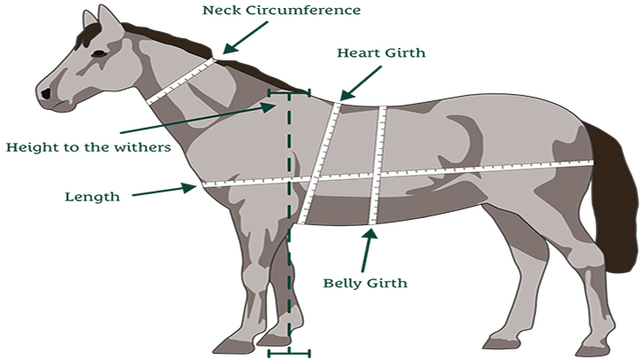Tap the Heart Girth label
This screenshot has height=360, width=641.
tap(381, 53)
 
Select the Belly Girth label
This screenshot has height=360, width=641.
tap(364, 284)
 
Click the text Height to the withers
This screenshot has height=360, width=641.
tap(88, 147)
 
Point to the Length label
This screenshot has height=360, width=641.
tap(92, 196)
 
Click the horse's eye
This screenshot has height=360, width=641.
tap(99, 55)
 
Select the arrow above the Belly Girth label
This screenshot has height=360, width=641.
tap(366, 248)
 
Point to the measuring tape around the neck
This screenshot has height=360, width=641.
tap(182, 81)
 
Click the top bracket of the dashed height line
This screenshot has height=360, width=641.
tap(289, 91)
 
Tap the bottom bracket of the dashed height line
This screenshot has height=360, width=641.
tap(289, 353)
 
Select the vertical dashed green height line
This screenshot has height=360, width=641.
tap(289, 222)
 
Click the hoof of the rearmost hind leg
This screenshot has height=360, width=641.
tap(592, 348)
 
